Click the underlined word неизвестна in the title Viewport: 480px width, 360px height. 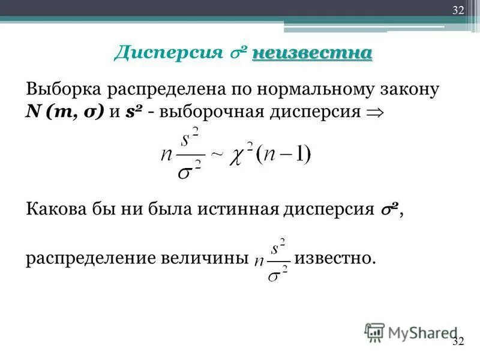[312, 53]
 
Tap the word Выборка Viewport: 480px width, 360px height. [63, 90]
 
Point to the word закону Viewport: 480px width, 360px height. [415, 90]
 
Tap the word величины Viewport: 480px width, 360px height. [204, 258]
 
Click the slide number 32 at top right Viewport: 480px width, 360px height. [458, 9]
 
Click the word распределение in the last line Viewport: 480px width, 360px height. [91, 258]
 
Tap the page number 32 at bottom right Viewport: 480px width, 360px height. [458, 341]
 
